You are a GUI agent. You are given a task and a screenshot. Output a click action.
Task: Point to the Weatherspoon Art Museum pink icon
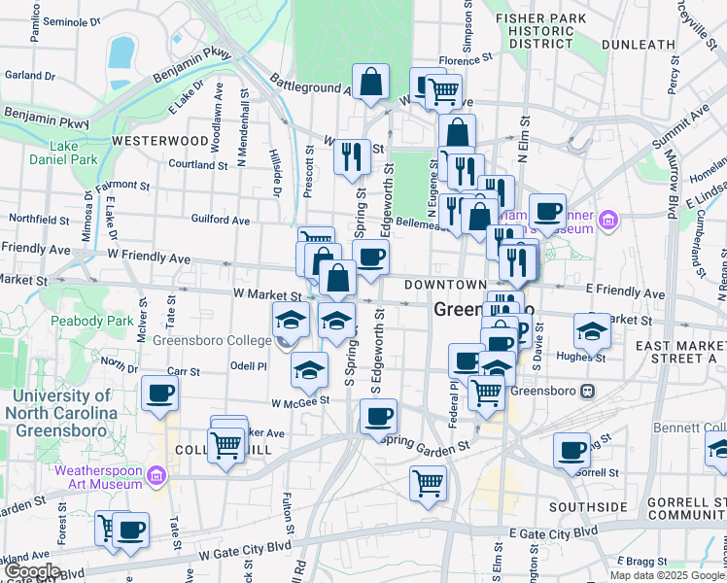(x=158, y=476)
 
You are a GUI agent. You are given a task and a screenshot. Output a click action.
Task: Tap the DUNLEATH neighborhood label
(x=641, y=44)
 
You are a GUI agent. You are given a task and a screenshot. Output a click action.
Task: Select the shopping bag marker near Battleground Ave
(x=370, y=83)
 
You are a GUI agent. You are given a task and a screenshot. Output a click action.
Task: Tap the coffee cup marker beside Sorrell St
(x=571, y=450)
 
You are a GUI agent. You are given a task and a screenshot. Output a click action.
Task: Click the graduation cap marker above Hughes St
(x=592, y=330)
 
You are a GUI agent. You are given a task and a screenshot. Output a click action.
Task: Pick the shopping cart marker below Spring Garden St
(x=428, y=482)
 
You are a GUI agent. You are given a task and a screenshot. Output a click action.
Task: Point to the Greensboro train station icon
(x=587, y=392)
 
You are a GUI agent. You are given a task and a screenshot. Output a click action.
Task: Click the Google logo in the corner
(x=31, y=571)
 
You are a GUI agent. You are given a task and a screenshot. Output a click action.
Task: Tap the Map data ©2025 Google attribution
(x=667, y=575)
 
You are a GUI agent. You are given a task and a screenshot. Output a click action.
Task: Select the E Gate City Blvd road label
(x=554, y=532)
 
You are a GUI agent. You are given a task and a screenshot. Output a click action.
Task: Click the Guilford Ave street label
(x=221, y=221)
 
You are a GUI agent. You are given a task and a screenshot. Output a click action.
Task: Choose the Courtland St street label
(x=197, y=164)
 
